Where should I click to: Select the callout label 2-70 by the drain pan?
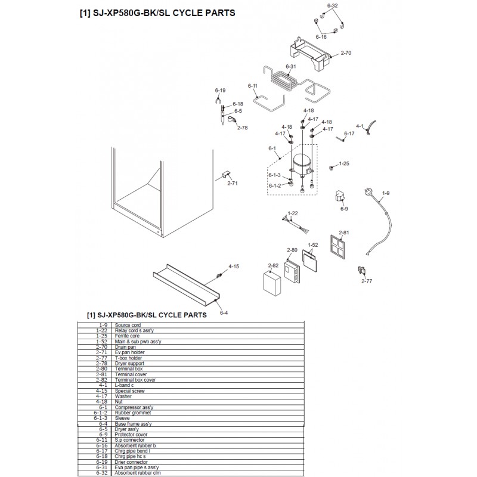click(346, 53)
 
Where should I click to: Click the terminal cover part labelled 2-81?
click(338, 247)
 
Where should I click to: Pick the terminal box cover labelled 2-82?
click(272, 283)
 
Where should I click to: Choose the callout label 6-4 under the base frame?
click(224, 312)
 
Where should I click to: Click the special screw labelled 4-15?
click(218, 275)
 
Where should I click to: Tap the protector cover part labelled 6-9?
click(339, 196)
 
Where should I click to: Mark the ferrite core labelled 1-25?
click(331, 168)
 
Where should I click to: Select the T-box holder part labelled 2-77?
click(362, 271)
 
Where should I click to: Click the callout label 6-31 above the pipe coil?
click(291, 66)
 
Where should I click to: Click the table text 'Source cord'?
click(128, 325)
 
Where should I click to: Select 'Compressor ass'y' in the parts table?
click(134, 407)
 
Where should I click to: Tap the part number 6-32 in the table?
click(102, 473)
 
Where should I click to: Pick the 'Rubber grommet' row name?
click(133, 413)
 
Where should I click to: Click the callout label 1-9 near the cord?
click(386, 193)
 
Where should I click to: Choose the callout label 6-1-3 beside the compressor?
click(274, 175)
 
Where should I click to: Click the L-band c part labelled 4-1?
click(371, 127)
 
